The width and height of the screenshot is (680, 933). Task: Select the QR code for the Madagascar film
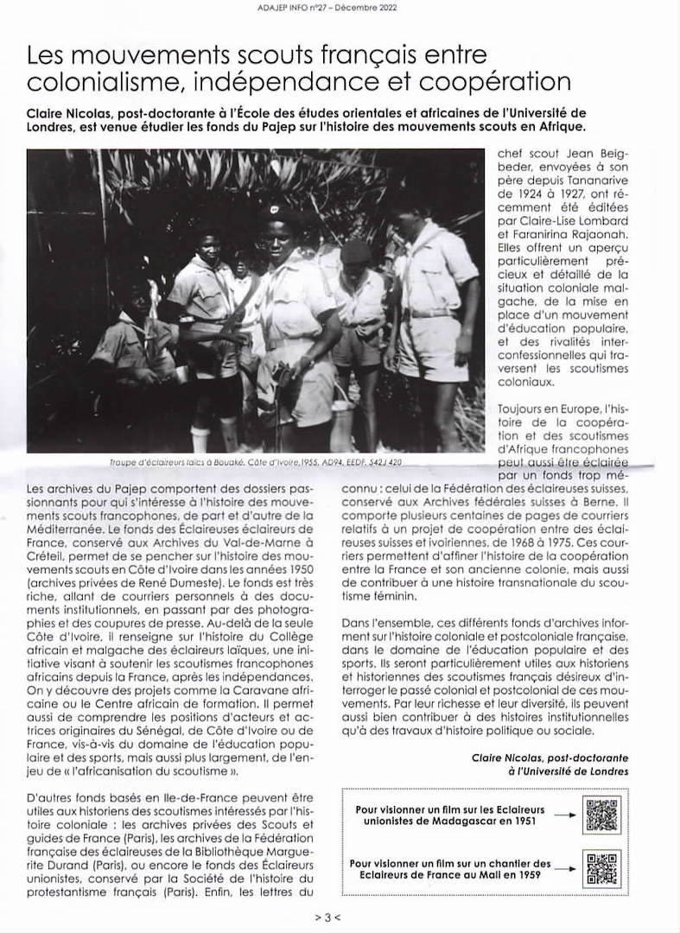click(x=602, y=815)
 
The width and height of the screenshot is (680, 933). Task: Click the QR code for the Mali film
click(x=602, y=868)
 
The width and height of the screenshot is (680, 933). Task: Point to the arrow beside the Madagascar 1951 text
click(x=563, y=815)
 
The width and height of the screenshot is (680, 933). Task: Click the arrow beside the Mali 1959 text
click(x=563, y=868)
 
